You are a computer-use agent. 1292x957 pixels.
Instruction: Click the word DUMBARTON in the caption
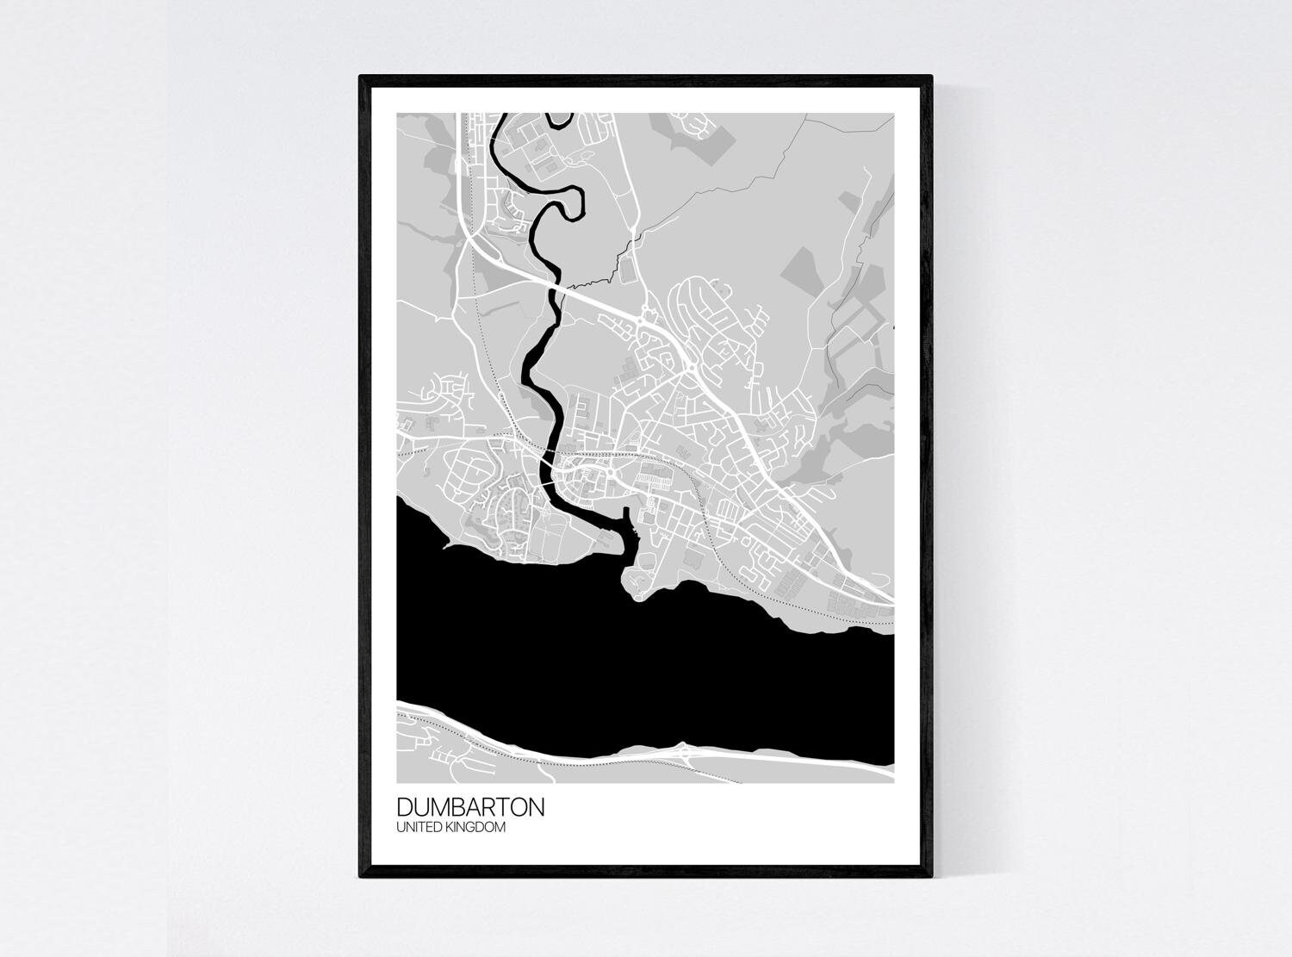coord(470,808)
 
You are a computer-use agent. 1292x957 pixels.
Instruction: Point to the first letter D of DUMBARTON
coord(404,808)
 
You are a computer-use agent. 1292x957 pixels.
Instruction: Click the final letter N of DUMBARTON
coord(536,808)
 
